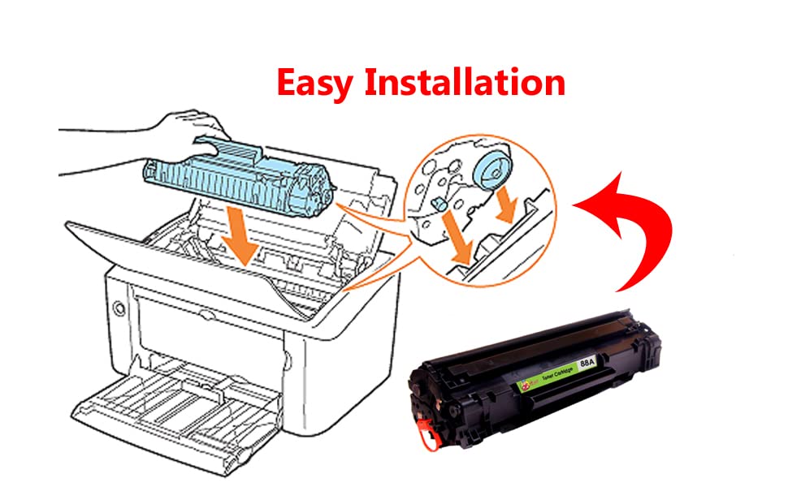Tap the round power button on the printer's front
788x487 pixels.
pyautogui.click(x=121, y=308)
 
